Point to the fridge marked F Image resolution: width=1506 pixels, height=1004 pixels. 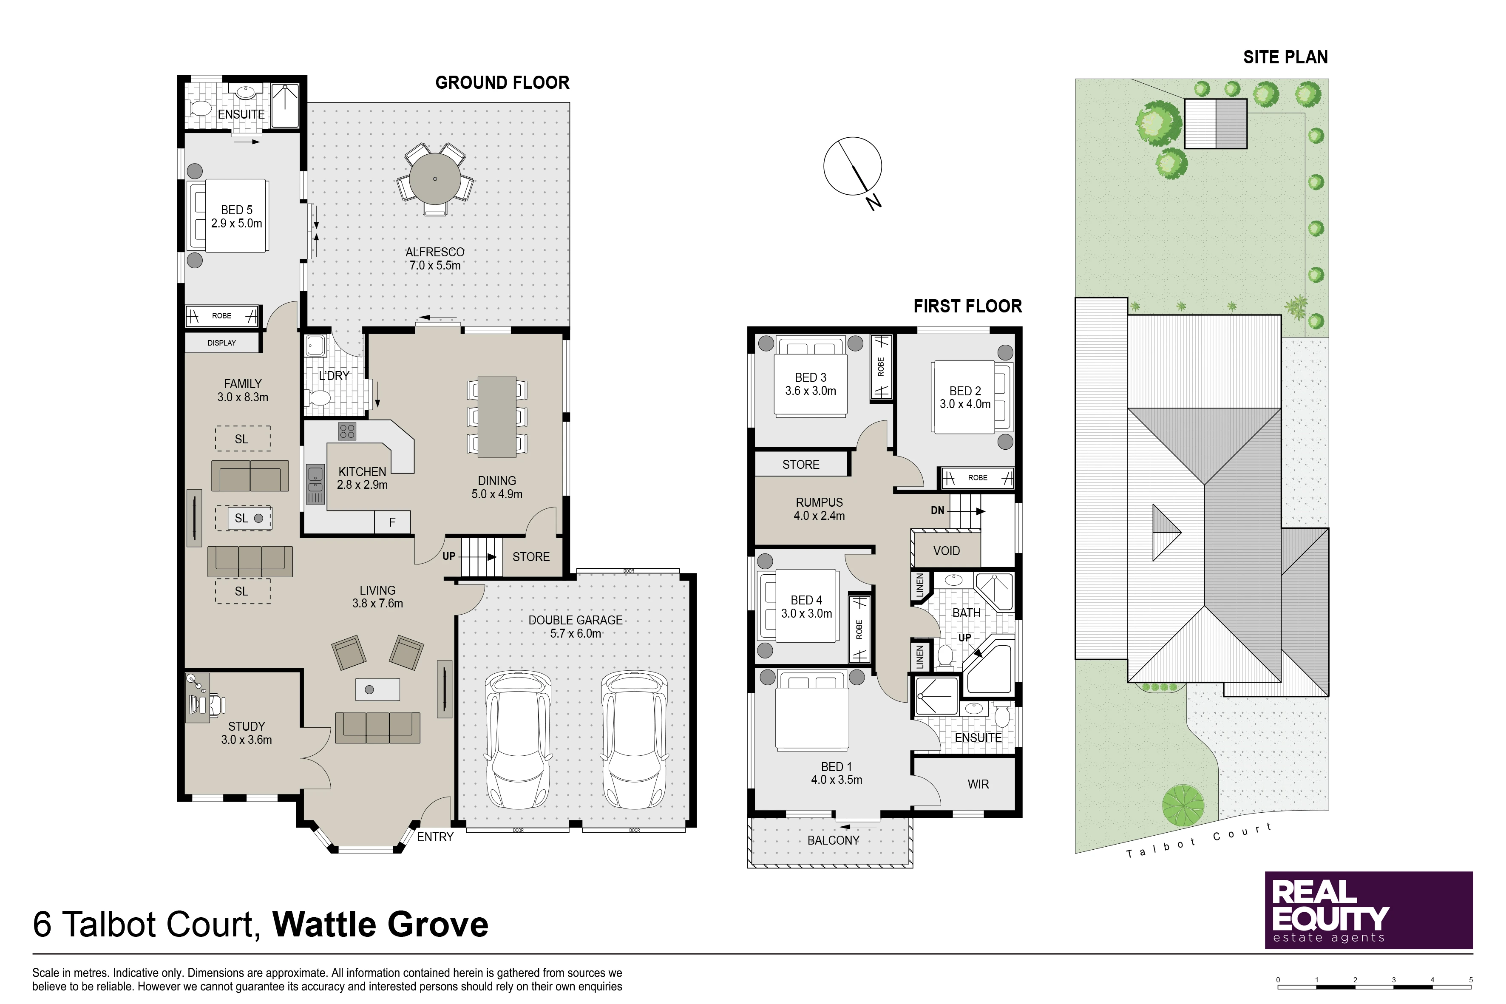point(392,522)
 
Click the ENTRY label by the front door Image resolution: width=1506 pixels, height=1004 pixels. point(435,837)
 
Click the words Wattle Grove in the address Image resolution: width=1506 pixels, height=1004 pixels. point(381,925)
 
